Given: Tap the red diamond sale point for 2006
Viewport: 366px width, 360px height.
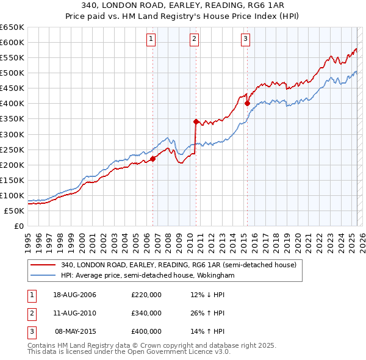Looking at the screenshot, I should pos(153,159).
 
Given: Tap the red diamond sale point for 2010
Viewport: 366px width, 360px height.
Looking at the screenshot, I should pos(196,121).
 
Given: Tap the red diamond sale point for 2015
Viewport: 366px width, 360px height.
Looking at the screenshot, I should pos(247,103).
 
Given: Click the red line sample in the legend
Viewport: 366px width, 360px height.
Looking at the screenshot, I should pos(43,265).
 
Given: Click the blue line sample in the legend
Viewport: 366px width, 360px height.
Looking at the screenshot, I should pos(43,275).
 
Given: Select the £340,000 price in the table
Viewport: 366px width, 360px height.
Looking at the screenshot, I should pos(146,313).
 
